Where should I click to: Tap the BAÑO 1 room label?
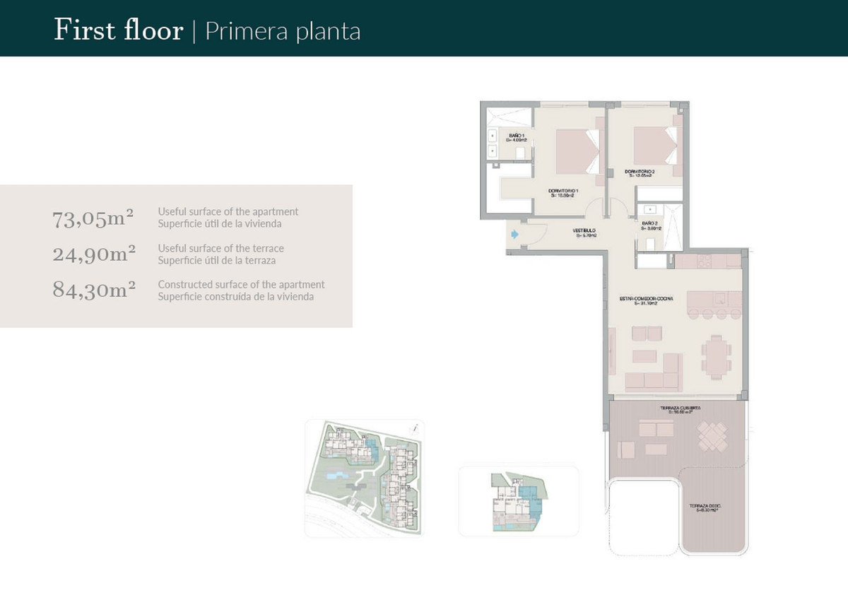[x=517, y=137]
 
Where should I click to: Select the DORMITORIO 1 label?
[x=563, y=194]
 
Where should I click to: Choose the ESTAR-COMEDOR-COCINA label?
[x=646, y=300]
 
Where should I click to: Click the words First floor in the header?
[x=118, y=31]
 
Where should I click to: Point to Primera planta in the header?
[x=283, y=32]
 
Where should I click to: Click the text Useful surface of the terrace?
[x=221, y=249]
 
